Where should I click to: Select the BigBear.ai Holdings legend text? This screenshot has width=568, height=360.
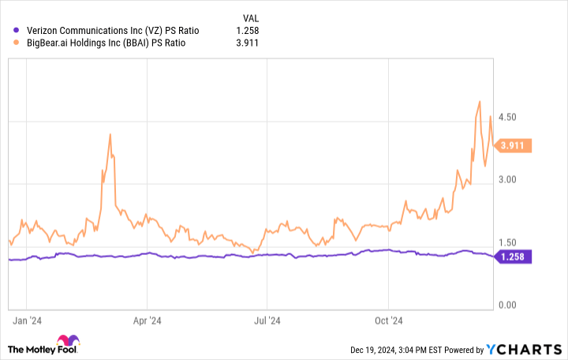click(x=106, y=43)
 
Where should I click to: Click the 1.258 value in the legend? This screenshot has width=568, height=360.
click(x=247, y=31)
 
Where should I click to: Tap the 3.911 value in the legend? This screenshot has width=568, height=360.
click(x=247, y=43)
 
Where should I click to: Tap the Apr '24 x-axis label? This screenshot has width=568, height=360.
click(x=147, y=321)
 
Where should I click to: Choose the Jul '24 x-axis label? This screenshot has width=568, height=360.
click(x=267, y=321)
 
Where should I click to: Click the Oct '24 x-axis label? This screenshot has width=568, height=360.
click(x=388, y=321)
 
